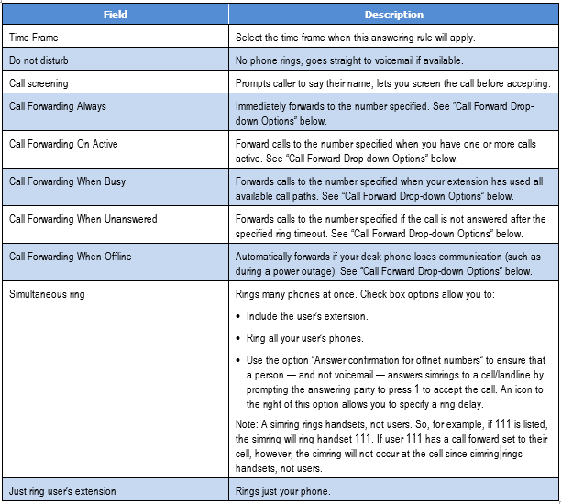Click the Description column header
(393, 15)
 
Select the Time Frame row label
(34, 38)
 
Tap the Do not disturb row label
(38, 60)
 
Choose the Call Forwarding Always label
(57, 106)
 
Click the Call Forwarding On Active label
(63, 144)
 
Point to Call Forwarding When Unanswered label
(82, 219)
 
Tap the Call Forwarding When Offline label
(70, 257)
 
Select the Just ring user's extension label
(62, 490)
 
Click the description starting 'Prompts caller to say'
(392, 83)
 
